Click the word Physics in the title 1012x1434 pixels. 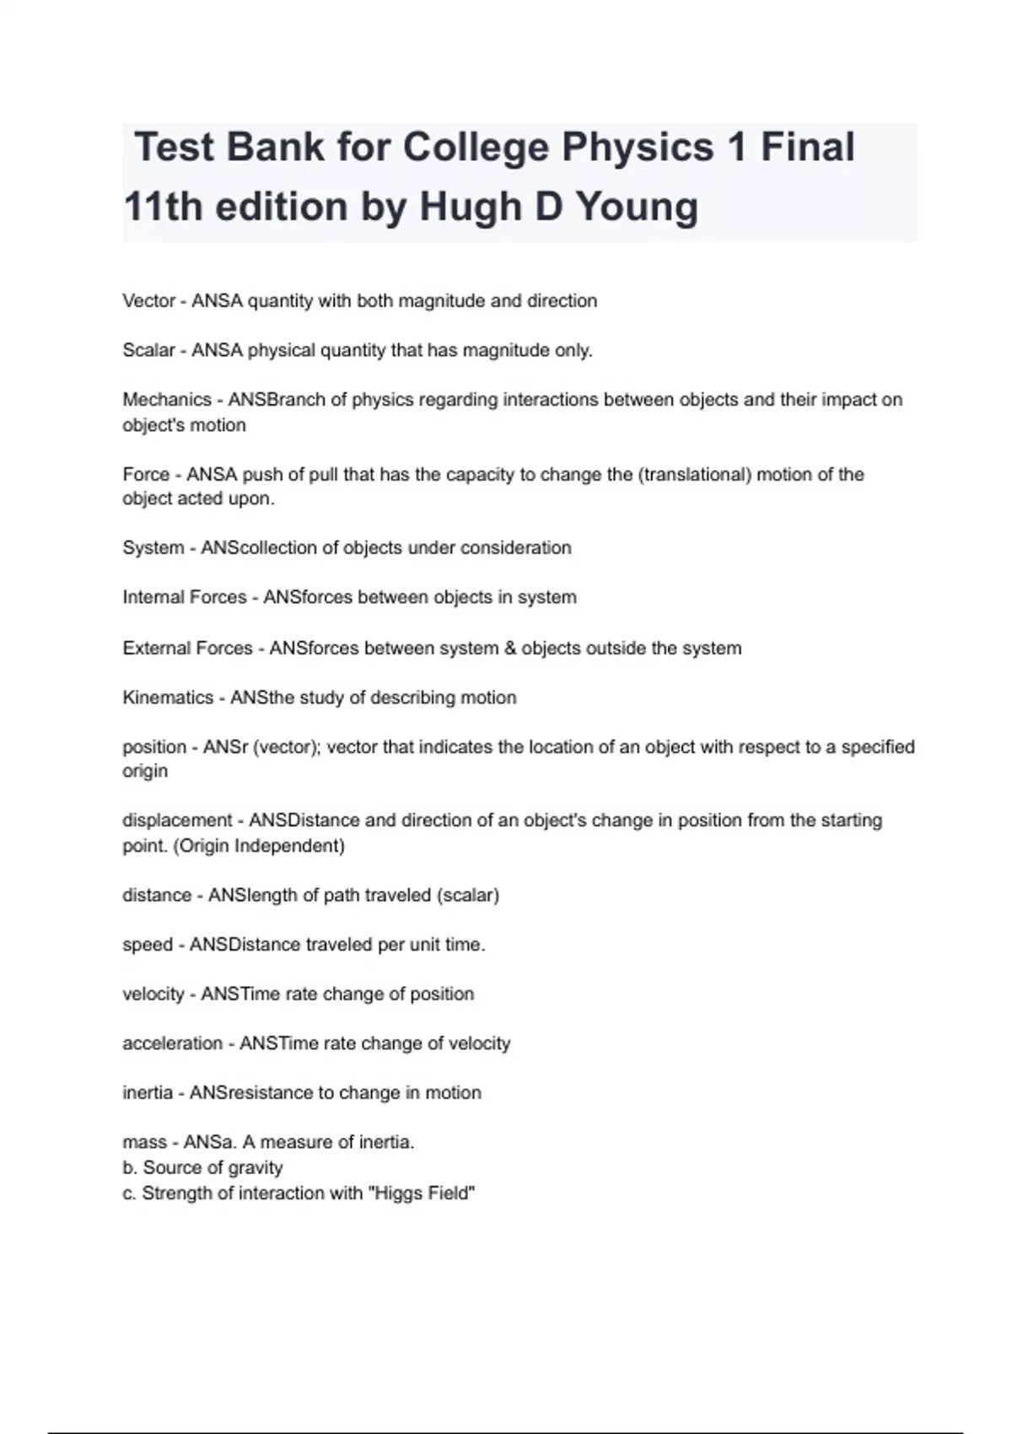pos(638,148)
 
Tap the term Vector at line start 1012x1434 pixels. pos(148,301)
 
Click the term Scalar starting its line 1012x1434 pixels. pos(148,350)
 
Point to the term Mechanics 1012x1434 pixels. pos(166,400)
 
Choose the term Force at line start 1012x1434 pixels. pos(146,474)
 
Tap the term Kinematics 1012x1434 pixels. pos(168,698)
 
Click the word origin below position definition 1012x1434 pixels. pos(145,771)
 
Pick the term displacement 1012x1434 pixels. pos(177,821)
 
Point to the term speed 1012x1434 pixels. pos(148,945)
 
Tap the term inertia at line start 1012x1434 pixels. pos(148,1093)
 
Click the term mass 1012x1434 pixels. pos(144,1143)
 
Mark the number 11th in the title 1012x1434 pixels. pos(164,208)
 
